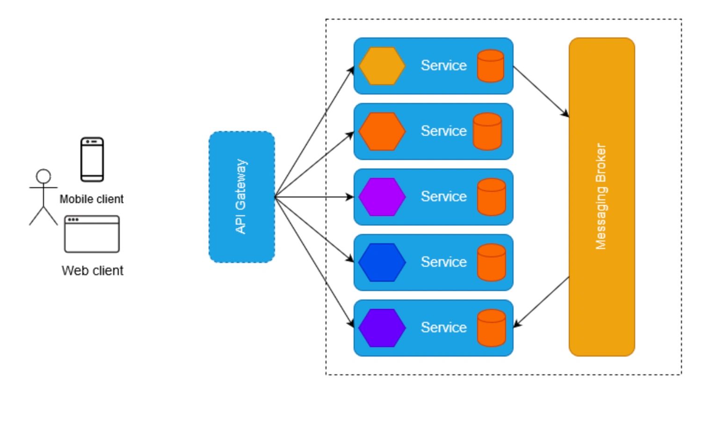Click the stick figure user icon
(43, 197)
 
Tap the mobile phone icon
(92, 159)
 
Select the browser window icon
(92, 234)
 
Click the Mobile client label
(92, 199)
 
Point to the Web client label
(93, 270)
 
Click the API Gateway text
(240, 197)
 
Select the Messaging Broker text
(601, 197)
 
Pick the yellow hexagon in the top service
(382, 66)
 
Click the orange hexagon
(382, 131)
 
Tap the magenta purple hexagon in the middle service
(382, 197)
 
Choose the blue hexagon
(382, 263)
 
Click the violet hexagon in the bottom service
(382, 328)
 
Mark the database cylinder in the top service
(491, 66)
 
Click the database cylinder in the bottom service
(492, 328)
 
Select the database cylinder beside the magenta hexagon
(492, 197)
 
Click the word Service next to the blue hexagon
(443, 262)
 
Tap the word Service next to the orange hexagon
(443, 131)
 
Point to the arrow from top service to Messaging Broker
(541, 92)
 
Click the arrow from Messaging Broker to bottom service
(541, 302)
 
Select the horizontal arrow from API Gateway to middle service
(313, 197)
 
